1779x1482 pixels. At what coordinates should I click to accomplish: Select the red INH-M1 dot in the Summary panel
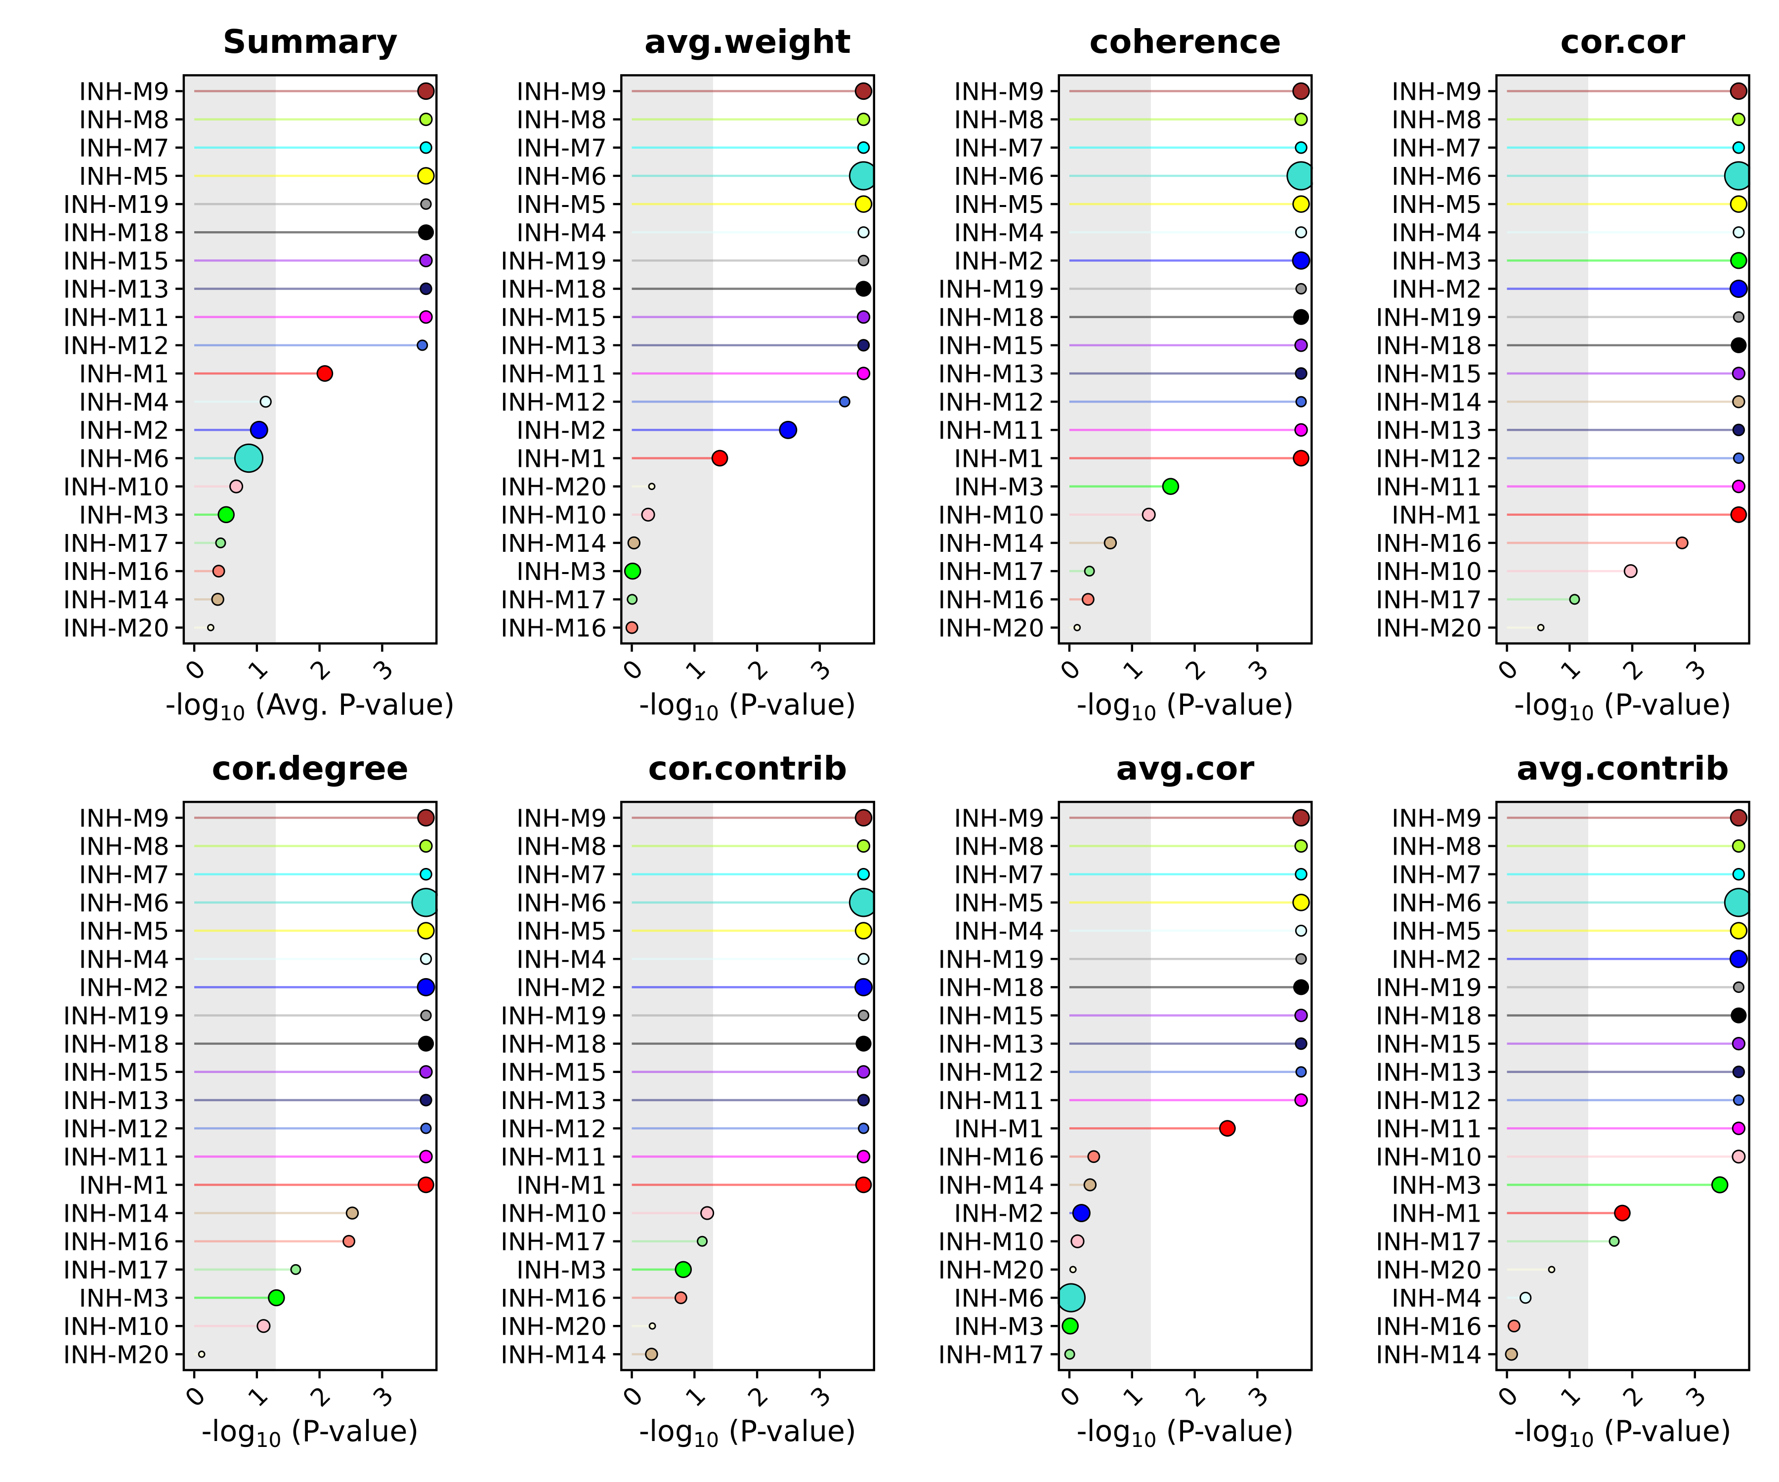tap(325, 373)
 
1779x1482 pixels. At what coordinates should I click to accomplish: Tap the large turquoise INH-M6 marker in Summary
tap(248, 458)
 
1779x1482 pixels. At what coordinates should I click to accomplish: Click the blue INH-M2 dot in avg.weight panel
tap(788, 430)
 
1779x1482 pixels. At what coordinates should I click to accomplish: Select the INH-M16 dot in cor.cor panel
tap(1682, 543)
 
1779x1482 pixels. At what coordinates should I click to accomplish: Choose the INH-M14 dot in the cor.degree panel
tap(352, 1213)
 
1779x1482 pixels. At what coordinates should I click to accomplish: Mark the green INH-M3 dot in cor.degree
tap(276, 1297)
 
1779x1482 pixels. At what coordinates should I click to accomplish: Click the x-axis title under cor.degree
tap(310, 1431)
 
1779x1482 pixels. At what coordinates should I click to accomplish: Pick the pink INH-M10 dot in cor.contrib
tap(707, 1213)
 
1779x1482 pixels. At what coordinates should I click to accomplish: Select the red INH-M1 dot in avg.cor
tap(1227, 1128)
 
